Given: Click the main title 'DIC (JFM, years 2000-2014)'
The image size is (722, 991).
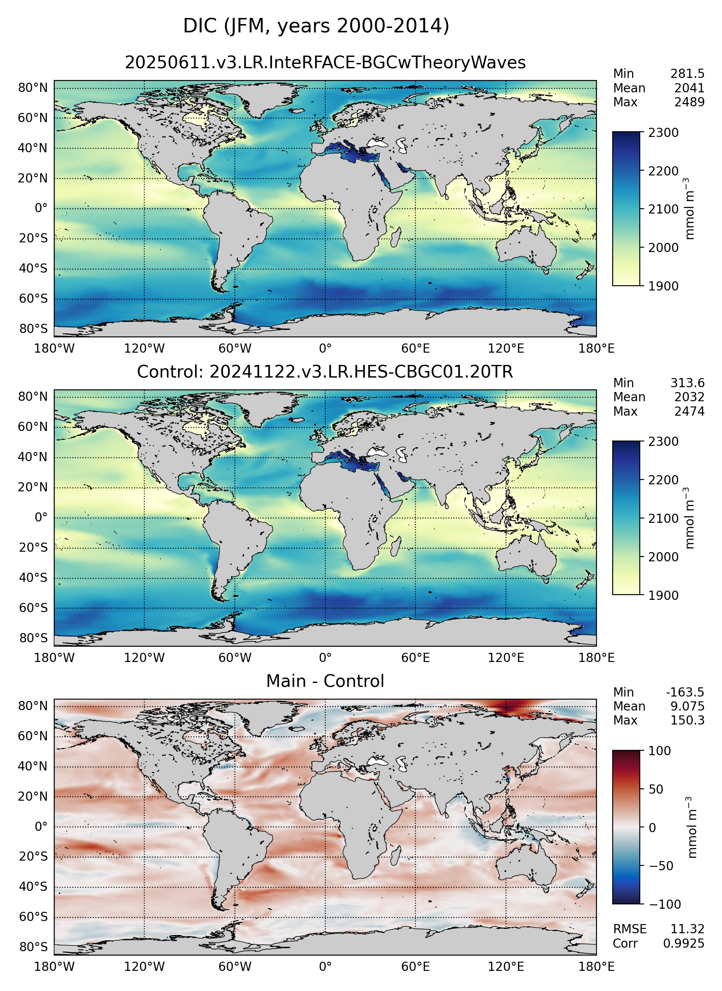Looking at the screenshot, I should pos(316,26).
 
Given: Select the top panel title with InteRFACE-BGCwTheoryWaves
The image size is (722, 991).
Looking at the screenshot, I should pos(325,63).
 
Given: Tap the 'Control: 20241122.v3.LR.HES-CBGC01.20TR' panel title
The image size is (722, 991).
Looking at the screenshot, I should pos(325,372).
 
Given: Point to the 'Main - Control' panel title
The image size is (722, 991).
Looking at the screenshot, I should pos(325,681).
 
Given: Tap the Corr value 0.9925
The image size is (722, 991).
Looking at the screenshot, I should pos(684,944).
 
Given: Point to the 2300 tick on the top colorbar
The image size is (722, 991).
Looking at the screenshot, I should pos(663,133).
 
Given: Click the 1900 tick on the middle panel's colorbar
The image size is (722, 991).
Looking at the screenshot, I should pos(663,595).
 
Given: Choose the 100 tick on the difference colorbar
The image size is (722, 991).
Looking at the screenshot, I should pos(659,751).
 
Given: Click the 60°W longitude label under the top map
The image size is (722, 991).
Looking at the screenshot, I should pos(235,349).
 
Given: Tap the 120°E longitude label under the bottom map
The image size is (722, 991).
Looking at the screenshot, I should pos(506,966).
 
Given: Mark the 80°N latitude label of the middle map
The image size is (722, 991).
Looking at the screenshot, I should pos(32,397).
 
